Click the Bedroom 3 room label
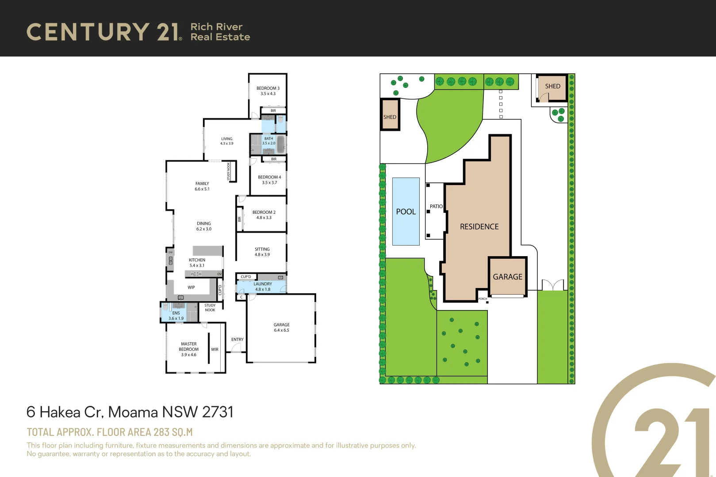268,88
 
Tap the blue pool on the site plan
406,212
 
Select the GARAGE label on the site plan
507,277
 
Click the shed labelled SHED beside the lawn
390,117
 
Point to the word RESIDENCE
479,227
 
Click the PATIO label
436,206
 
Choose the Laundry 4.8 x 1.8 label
263,287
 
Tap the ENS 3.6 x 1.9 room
176,315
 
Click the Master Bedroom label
189,347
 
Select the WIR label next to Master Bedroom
214,349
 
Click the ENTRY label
237,340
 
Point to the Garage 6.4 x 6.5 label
281,327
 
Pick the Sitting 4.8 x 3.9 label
262,252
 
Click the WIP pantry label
191,287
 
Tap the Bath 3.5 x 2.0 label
268,141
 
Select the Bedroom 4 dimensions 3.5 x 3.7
269,182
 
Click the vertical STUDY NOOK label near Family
229,171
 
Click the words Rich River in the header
216,27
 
